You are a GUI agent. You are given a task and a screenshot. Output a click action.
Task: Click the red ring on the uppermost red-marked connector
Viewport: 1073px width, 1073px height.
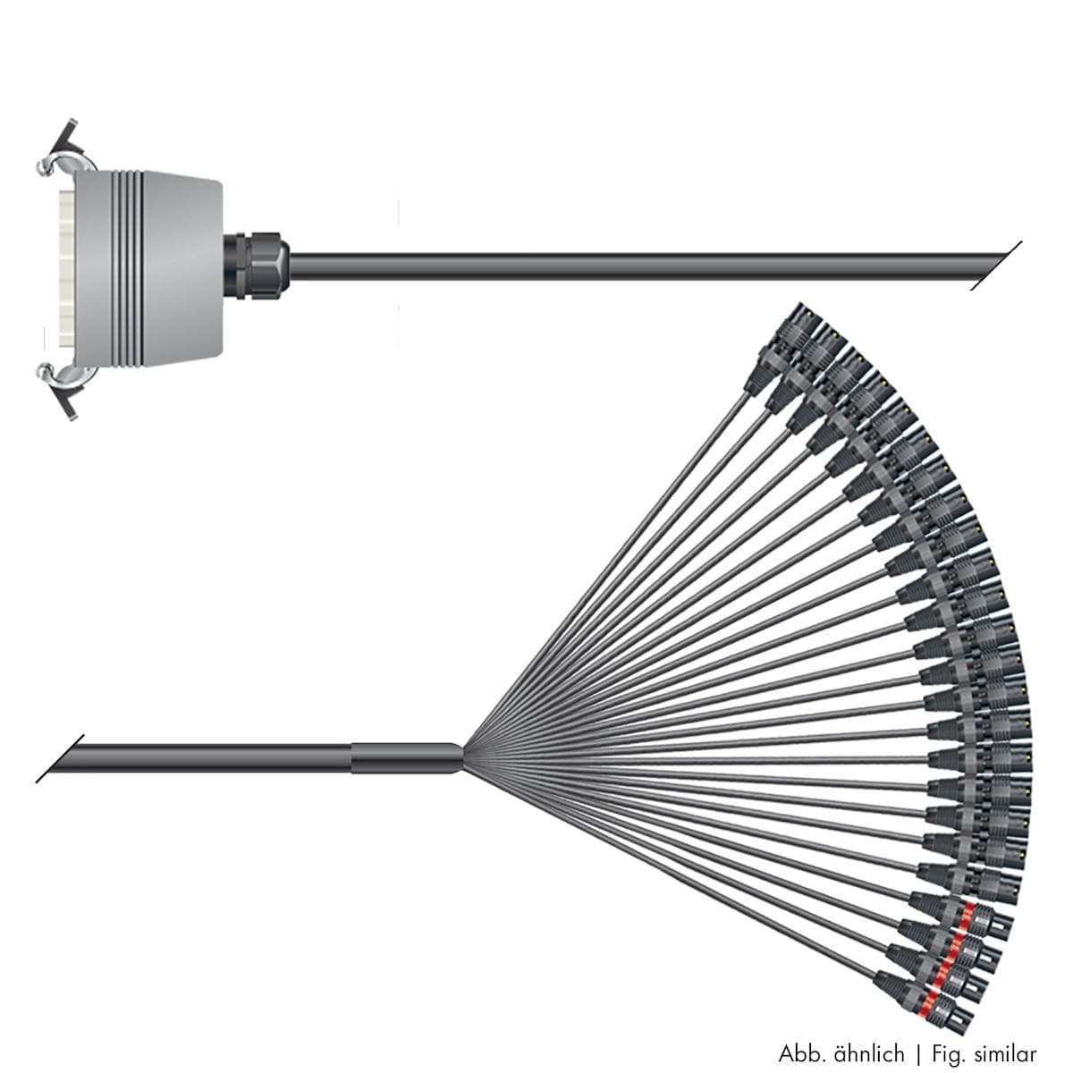[x=967, y=912]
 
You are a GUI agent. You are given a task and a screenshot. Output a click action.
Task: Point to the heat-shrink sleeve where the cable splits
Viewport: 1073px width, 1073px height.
[x=407, y=757]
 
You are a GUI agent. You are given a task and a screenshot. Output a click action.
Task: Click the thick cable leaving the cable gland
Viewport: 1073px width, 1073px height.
[x=626, y=266]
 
